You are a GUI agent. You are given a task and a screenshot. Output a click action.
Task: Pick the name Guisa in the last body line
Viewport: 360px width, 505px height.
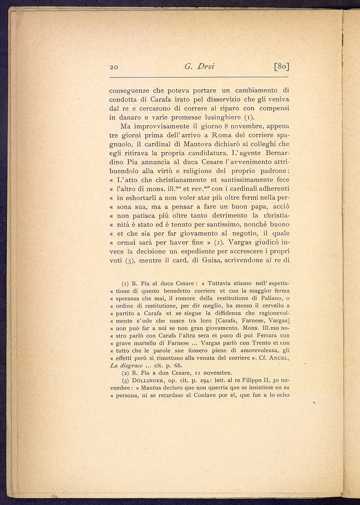click(x=206, y=260)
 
